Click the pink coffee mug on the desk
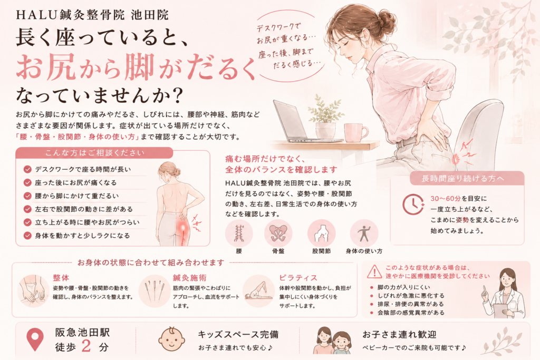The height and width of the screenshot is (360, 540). click(356, 132)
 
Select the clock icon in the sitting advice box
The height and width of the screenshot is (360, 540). click(413, 205)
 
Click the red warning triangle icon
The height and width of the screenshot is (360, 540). click(374, 271)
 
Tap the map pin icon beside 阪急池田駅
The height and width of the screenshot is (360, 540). click(35, 339)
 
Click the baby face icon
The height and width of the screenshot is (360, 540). click(171, 339)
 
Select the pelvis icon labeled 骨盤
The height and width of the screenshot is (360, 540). click(278, 233)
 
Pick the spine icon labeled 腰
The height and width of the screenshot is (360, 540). click(239, 233)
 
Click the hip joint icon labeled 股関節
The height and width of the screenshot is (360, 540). click(321, 233)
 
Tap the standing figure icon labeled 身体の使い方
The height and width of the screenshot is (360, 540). click(364, 233)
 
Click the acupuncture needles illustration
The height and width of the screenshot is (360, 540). click(155, 291)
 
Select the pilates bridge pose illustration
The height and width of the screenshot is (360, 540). click(258, 291)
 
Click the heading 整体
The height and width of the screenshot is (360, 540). click(61, 278)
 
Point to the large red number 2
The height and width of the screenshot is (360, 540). click(86, 346)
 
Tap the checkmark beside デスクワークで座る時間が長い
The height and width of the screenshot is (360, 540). click(27, 169)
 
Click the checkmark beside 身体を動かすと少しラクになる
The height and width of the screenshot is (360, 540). click(27, 236)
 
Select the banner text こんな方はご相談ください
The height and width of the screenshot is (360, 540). click(95, 153)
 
